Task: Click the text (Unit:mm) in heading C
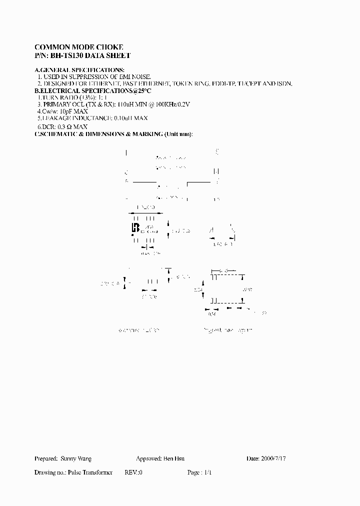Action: point(178,134)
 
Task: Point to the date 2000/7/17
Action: point(275,458)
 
